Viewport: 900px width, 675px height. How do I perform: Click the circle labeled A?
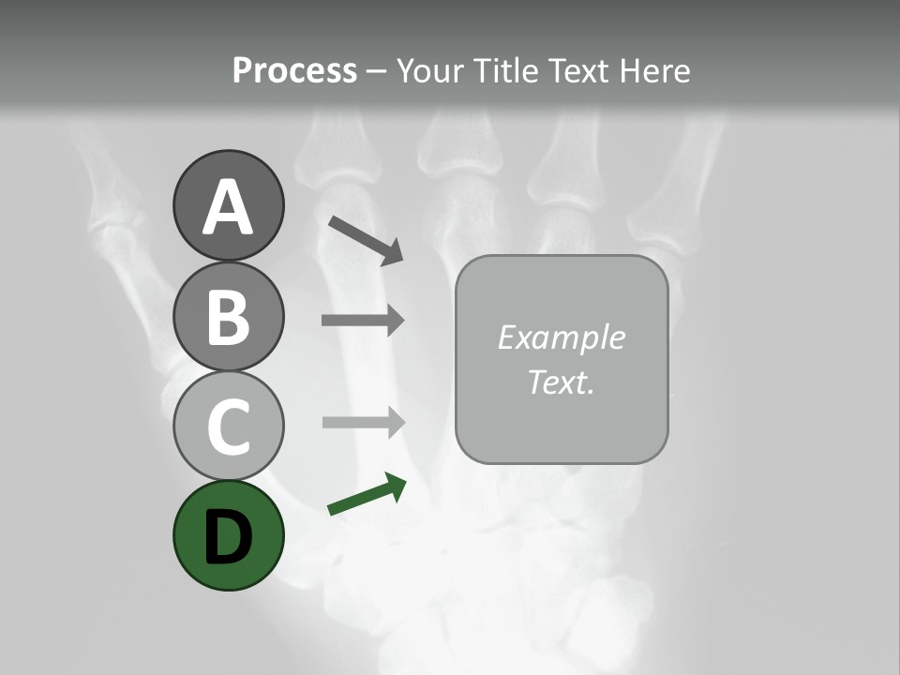228,205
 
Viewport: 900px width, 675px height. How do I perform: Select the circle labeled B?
228,316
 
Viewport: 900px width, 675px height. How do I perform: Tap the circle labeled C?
228,426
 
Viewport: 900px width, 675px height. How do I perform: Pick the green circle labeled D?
228,536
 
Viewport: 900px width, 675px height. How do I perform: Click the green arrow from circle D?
366,496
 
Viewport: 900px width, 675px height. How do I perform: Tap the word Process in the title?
294,70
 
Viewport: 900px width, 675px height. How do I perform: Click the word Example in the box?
561,337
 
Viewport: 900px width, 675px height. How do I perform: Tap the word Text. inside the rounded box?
561,382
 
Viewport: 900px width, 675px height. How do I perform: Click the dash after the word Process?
376,71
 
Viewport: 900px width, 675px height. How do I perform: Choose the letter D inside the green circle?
228,537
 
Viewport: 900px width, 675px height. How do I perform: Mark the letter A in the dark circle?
228,207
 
